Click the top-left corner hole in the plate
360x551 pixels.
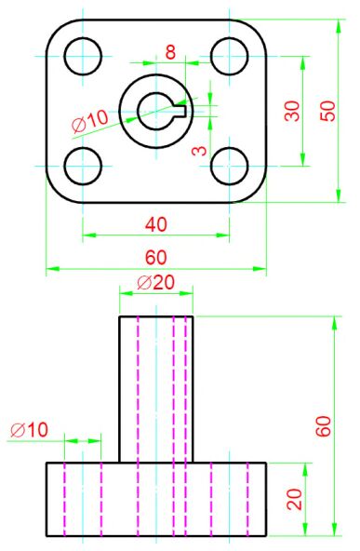[x=82, y=56]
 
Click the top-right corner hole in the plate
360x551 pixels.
[x=229, y=56]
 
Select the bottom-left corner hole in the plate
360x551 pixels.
[x=82, y=167]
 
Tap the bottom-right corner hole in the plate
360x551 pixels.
[x=229, y=167]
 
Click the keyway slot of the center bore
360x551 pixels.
[x=181, y=111]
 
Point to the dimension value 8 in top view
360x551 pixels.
[x=170, y=52]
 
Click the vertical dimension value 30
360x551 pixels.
[x=292, y=111]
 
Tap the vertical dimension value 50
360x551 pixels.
[x=327, y=110]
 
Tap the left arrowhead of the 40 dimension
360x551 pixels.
[x=87, y=235]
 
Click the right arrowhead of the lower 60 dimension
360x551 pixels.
[x=261, y=269]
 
